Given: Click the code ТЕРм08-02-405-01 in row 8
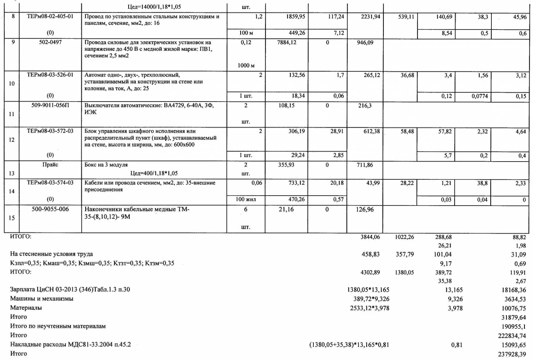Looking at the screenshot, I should (50, 16).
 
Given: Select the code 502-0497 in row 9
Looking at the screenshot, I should (50, 42).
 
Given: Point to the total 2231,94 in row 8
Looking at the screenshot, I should (370, 16).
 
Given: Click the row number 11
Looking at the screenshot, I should (12, 114).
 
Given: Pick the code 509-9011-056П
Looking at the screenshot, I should (50, 105).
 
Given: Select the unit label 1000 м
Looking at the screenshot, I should (246, 65).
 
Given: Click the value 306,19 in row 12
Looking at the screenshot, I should (297, 131).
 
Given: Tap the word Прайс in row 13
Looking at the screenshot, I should (50, 164).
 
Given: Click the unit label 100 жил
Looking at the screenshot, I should (246, 199).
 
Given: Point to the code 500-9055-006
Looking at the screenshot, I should (50, 209).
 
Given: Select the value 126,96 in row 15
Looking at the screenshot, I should (365, 209).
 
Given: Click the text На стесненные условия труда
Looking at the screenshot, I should (52, 254).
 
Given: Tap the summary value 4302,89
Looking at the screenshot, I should (370, 272).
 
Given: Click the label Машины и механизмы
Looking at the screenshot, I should (42, 299).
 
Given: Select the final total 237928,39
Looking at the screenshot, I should (512, 354).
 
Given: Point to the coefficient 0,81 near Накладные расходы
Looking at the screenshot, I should (457, 344).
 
